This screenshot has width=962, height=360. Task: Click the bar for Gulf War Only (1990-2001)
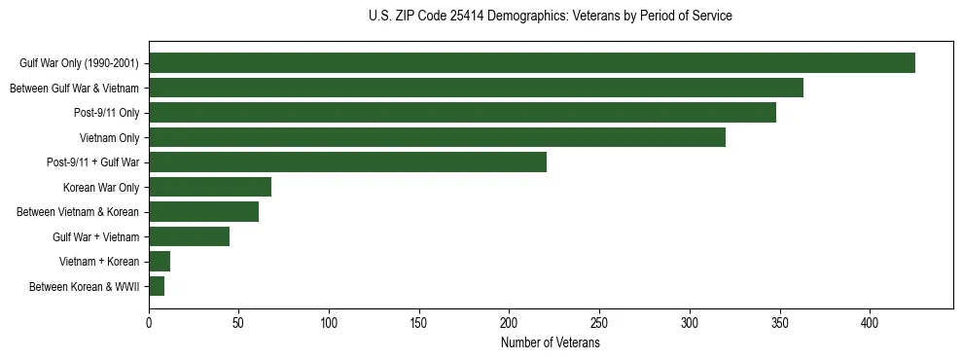[532, 63]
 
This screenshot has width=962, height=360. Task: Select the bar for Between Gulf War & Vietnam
[476, 88]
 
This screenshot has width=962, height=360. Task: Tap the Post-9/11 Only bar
[462, 113]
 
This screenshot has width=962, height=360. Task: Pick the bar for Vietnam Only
[437, 137]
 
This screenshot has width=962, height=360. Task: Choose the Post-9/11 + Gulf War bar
[347, 162]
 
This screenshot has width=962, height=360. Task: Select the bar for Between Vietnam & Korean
[203, 212]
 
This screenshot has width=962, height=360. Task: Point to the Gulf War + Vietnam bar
[189, 236]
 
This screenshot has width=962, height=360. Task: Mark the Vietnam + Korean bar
[160, 261]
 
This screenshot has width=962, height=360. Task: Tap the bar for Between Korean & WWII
[157, 286]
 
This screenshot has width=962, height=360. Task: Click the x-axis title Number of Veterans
[551, 343]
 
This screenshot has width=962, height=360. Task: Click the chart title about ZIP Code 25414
[551, 17]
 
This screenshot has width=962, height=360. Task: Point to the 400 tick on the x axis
[870, 322]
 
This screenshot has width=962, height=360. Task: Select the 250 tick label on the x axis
[599, 322]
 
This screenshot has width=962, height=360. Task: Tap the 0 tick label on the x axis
[149, 322]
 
